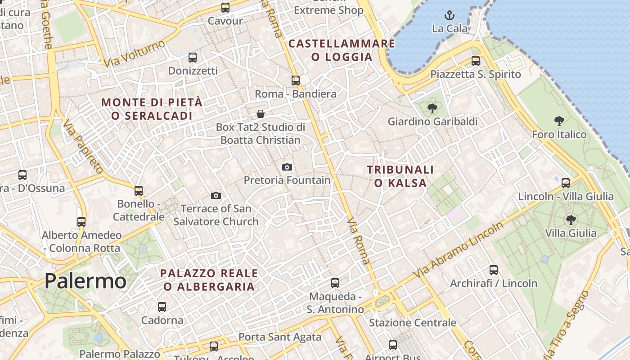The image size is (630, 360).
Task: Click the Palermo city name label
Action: pos(85,281)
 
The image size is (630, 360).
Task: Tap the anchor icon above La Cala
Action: pos(449,16)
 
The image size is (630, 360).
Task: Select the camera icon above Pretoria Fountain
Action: pos(287,167)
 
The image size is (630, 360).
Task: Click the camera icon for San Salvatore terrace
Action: pos(216,195)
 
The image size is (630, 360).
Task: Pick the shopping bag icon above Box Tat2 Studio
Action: pos(260,114)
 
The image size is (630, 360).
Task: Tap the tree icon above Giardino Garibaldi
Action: pos(432,108)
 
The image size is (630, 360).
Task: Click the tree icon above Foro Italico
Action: pos(559,121)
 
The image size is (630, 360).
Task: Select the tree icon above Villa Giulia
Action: pos(571,220)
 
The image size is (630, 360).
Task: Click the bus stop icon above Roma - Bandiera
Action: pos(296,81)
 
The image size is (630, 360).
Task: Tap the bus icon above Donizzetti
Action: pos(193,58)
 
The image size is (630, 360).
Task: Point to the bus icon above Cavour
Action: pos(225,8)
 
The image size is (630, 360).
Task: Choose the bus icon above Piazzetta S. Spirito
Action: pos(476,61)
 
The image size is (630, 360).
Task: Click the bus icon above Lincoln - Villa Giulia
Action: pos(566,183)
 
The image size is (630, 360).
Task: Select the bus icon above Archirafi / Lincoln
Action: pos(494,270)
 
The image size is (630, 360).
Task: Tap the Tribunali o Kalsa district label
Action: pos(400,176)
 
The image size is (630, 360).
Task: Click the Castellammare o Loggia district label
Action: pos(342,50)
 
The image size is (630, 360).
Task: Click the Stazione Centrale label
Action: pos(413,323)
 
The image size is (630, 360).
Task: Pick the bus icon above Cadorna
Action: pos(162,307)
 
